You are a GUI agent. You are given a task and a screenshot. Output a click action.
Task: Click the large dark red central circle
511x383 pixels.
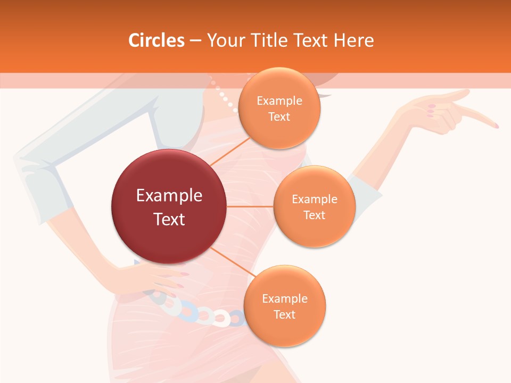coord(169,206)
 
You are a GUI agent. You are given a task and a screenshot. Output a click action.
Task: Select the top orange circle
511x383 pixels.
coord(279,108)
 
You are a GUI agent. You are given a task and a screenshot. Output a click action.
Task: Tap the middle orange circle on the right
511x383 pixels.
coord(314,206)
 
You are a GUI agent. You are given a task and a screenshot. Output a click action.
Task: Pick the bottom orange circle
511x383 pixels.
coord(284,306)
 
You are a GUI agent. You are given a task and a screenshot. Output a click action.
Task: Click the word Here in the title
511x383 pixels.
coord(353,40)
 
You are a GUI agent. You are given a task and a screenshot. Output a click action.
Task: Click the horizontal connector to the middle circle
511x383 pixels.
coord(250,206)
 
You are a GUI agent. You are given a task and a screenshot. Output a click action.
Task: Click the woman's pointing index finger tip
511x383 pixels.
coord(496,126)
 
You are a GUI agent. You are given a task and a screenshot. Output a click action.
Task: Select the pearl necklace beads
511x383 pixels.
coord(226,98)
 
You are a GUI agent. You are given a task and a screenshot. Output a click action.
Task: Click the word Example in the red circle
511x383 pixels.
coord(169,196)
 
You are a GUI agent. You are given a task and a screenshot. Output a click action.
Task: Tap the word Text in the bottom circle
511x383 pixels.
coord(284,314)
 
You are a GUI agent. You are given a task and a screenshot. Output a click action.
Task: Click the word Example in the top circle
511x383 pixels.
coord(279,101)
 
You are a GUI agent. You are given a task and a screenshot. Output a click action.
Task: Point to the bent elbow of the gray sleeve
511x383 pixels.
coord(24,160)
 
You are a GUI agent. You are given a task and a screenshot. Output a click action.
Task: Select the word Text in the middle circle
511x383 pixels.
coord(314,215)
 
